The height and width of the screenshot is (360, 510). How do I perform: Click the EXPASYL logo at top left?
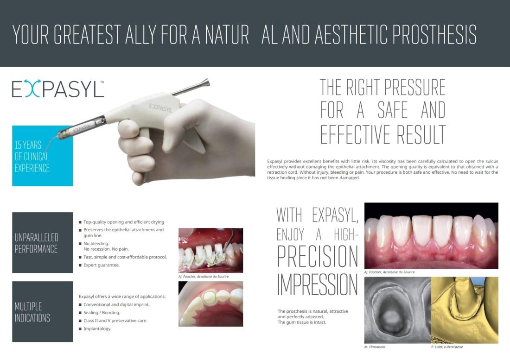58,88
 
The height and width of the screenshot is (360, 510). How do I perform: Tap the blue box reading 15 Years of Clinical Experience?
42,156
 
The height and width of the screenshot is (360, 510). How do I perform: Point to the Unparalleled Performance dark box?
42,242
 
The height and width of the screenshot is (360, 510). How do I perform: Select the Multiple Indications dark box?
42,312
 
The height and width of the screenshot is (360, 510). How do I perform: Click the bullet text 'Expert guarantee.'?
102,265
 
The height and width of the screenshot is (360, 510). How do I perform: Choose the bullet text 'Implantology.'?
97,329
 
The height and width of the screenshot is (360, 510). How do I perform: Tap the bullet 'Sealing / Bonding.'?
102,313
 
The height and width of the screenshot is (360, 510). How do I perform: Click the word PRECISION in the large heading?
318,256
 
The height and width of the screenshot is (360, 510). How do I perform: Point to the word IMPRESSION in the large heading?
318,284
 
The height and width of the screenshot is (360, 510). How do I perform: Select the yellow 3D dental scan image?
465,310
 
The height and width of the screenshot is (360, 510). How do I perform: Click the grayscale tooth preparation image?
398,310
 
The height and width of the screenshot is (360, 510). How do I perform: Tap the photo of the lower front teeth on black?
431,236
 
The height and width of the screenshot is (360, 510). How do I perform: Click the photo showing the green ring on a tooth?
211,304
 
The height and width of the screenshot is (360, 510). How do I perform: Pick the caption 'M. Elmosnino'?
375,347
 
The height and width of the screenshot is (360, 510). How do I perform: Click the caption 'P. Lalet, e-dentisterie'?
447,347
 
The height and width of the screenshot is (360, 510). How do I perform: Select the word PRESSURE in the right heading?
414,87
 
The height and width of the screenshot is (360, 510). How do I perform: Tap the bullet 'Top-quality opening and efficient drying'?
124,222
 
